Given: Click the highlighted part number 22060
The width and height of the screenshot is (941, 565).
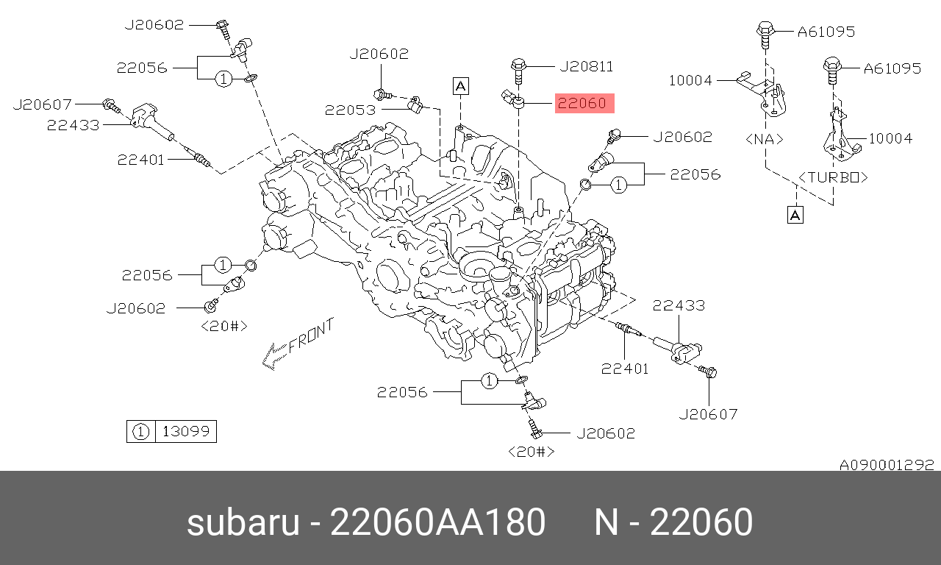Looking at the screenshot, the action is coord(582,104).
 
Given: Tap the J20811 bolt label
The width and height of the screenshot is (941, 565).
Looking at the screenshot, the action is coord(587,66).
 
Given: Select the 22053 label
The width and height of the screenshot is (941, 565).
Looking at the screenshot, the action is coord(350,110).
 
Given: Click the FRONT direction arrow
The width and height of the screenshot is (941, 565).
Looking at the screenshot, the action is coord(298,344).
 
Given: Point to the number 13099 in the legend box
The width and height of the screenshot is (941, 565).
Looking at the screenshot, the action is coord(186,431).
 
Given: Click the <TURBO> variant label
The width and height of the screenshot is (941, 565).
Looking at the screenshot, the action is coord(833,177).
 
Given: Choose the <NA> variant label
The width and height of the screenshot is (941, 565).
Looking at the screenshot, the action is coord(765,139).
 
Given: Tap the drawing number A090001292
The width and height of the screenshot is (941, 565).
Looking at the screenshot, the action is coord(887,464).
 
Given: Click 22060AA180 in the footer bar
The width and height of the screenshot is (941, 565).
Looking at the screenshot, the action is coord(437,522).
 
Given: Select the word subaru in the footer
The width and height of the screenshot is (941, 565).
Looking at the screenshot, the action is coord(243,522).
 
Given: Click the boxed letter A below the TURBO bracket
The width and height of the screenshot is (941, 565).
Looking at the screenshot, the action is coord(795,216).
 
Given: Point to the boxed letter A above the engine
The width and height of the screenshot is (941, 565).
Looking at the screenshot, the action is coord(461,86).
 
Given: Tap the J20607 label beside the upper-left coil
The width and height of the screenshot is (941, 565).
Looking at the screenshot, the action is coord(43,104).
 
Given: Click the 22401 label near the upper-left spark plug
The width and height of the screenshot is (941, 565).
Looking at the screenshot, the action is coord(140,160).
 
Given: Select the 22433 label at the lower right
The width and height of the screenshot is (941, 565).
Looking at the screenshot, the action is coord(679,305).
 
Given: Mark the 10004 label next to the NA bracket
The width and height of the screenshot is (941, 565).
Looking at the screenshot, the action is coord(690,80).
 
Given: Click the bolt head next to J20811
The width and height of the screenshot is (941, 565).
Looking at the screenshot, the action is coord(518,65).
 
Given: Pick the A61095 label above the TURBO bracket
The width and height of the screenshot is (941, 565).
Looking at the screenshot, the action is coord(892,68).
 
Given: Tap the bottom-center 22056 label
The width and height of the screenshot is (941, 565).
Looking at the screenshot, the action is coord(402,392).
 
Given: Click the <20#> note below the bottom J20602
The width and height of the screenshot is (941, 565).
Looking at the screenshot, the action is coord(532,452).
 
